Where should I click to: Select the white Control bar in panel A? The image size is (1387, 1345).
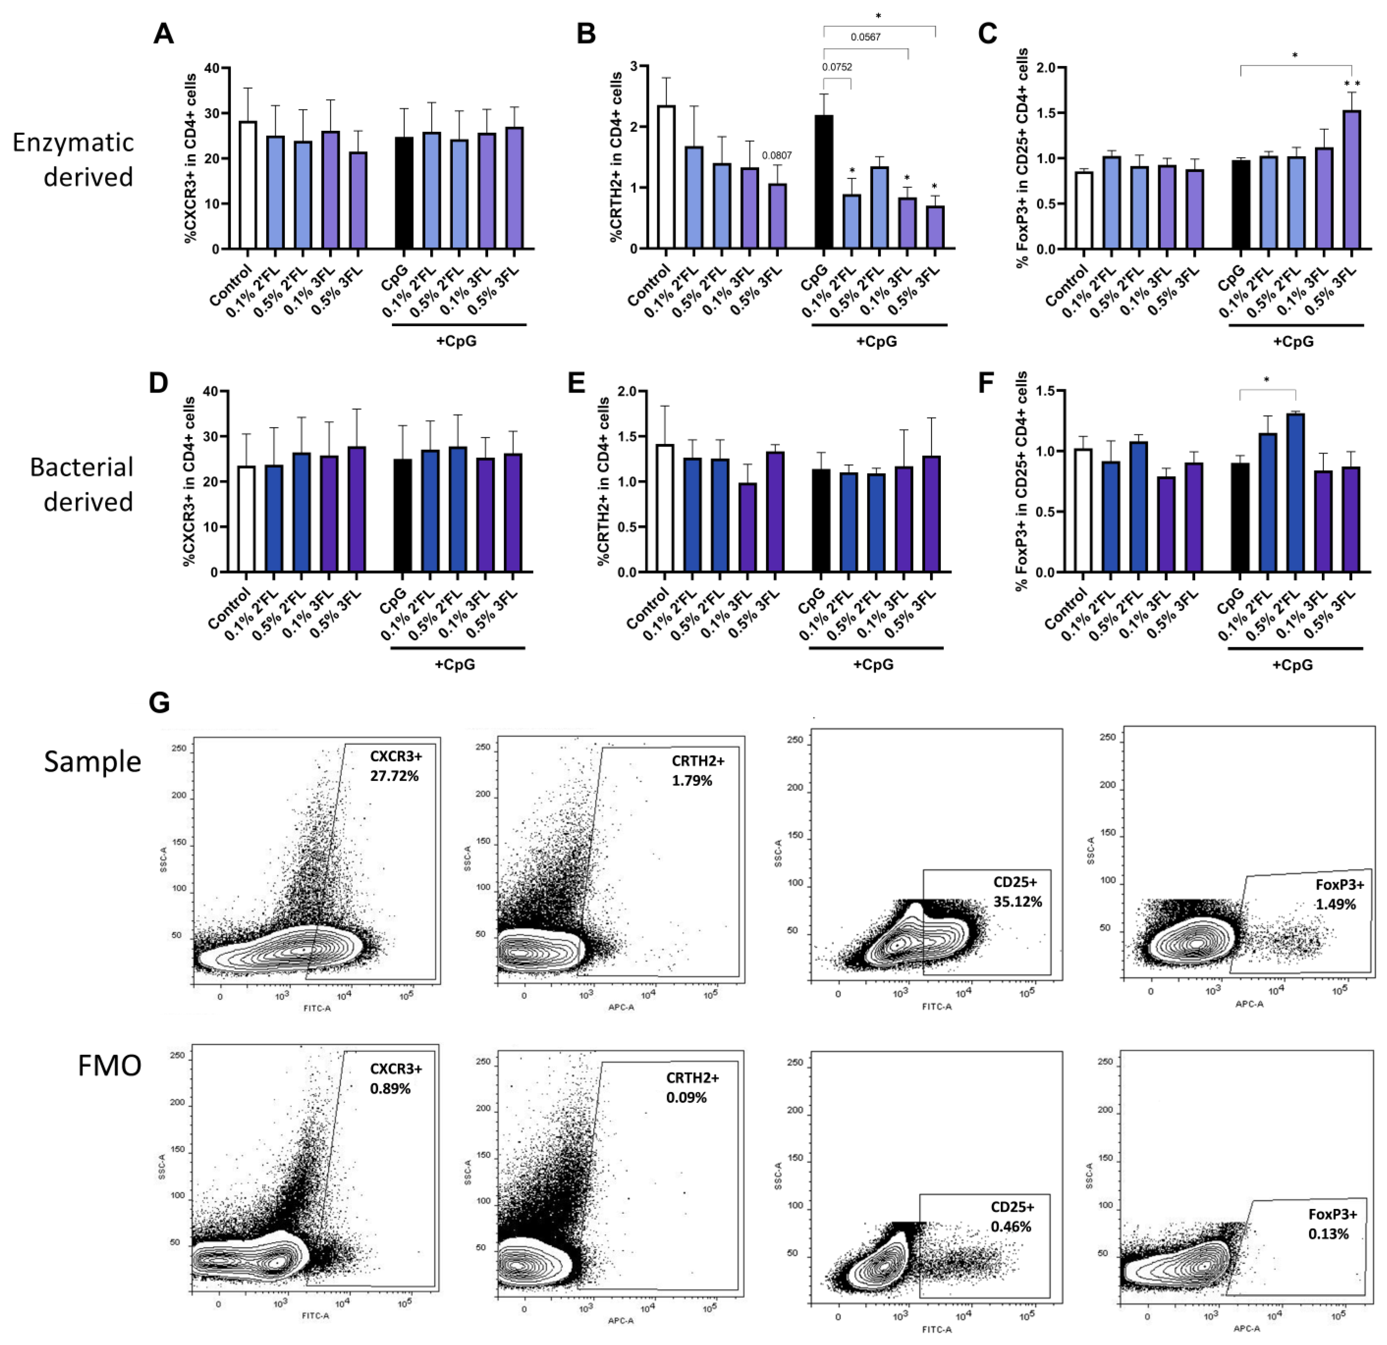[x=247, y=186]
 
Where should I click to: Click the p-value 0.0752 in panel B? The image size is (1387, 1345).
[x=837, y=67]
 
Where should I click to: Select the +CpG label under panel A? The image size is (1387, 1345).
[x=456, y=341]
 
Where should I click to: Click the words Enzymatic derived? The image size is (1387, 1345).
[x=74, y=159]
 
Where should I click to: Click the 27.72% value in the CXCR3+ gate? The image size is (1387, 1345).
[x=394, y=776]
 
